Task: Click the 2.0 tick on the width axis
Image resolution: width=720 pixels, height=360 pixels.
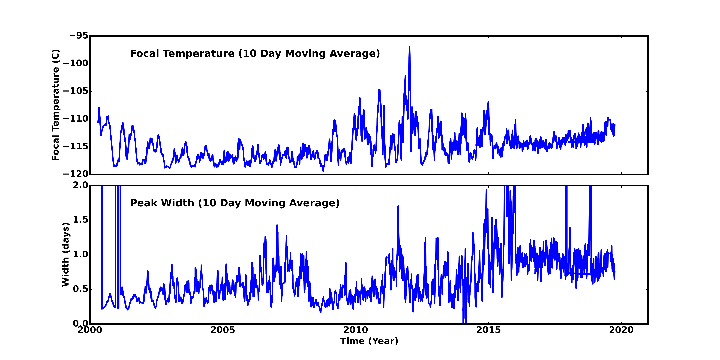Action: (81, 185)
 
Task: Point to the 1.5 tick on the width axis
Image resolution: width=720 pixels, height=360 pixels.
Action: (81, 220)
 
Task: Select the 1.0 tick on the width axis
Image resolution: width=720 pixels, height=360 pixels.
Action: (81, 254)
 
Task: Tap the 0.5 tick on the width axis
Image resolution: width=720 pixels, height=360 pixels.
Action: (81, 289)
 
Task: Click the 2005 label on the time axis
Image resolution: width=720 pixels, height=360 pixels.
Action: (223, 330)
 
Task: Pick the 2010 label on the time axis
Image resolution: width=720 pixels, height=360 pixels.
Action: (356, 330)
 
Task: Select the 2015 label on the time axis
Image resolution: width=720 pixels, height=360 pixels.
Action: (489, 330)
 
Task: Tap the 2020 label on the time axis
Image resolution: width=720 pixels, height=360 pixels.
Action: (621, 330)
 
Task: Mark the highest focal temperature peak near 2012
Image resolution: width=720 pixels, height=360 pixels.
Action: (409, 48)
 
